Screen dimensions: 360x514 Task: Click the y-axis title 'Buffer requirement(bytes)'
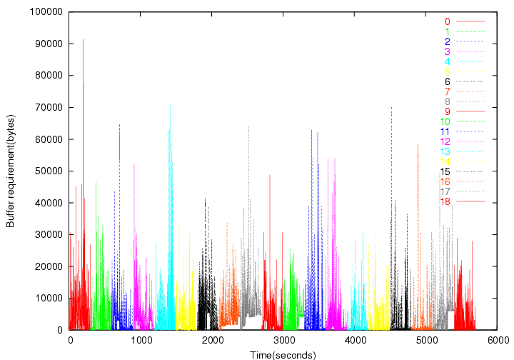[x=10, y=171]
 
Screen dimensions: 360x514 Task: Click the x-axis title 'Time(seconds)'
[x=283, y=354]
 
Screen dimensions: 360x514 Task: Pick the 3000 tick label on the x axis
[x=283, y=341]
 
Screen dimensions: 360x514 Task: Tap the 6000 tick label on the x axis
[x=498, y=341]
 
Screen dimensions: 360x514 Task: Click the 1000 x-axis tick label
[x=141, y=341]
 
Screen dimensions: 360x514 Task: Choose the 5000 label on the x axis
[x=427, y=341]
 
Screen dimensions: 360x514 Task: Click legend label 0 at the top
[x=447, y=22]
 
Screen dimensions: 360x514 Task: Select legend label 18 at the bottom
[x=445, y=202]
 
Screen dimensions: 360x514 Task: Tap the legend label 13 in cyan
[x=445, y=152]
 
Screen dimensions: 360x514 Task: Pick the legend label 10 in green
[x=445, y=122]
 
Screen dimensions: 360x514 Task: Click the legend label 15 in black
[x=445, y=172]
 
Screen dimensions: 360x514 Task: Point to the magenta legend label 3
[x=447, y=52]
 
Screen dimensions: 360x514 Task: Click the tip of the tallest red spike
[x=84, y=39]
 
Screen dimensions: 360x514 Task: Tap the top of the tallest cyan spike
[x=170, y=105]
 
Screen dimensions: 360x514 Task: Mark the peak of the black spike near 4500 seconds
[x=391, y=108]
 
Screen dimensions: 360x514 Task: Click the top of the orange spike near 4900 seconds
[x=418, y=144]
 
